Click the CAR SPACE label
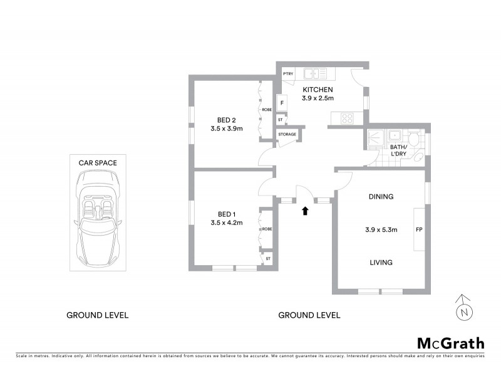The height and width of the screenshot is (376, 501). tap(97, 162)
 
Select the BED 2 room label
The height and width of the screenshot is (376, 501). tap(226, 120)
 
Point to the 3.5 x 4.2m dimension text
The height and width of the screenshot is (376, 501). tap(226, 222)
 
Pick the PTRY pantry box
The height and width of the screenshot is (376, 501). tap(288, 74)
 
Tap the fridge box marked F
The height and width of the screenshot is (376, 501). tap(282, 102)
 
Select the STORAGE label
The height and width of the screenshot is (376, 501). tap(287, 134)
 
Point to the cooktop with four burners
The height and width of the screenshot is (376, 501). tap(346, 117)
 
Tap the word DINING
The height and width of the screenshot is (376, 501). tap(381, 197)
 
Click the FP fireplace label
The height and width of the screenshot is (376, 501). tap(418, 229)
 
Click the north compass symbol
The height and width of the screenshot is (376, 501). tap(463, 308)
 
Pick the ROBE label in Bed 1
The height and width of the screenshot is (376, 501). tap(267, 229)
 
